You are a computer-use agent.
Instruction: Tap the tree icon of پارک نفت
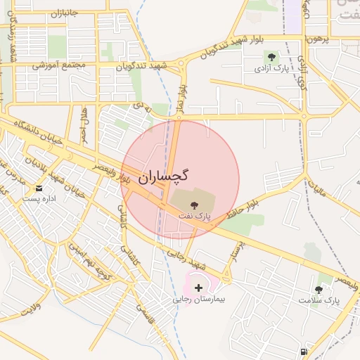tap(195, 205)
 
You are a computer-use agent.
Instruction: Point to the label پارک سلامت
tap(319, 300)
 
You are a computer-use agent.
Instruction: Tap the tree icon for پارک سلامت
tap(319, 289)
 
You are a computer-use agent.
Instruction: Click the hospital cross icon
tap(199, 287)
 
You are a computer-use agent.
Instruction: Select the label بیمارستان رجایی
tap(199, 299)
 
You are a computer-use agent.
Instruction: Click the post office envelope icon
tap(39, 188)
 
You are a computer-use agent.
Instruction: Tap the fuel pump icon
tap(303, 351)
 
